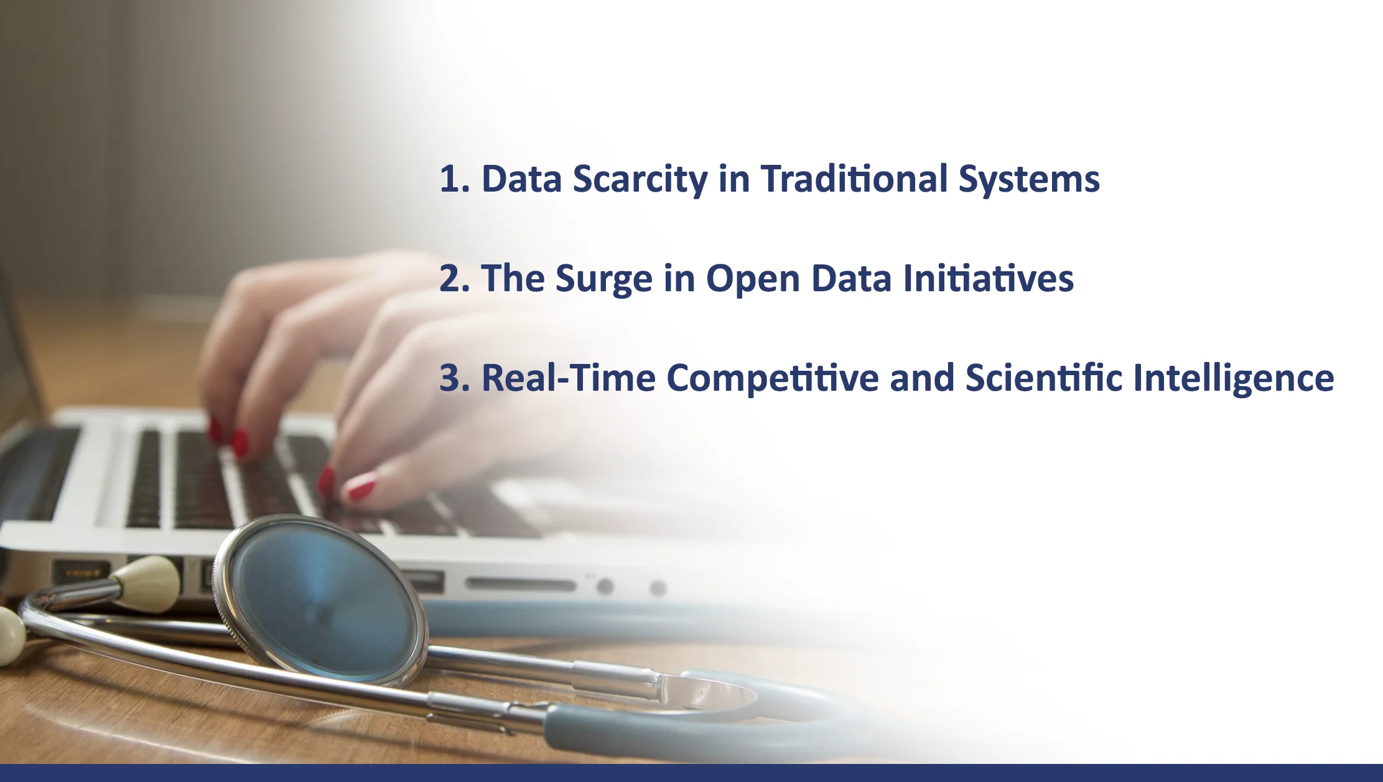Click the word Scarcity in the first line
coord(640,180)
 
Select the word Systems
coord(1029,180)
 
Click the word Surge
coord(604,280)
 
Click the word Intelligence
coord(1234,379)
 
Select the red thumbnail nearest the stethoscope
coord(361,488)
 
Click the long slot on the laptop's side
coord(521,584)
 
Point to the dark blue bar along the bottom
coord(691,773)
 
